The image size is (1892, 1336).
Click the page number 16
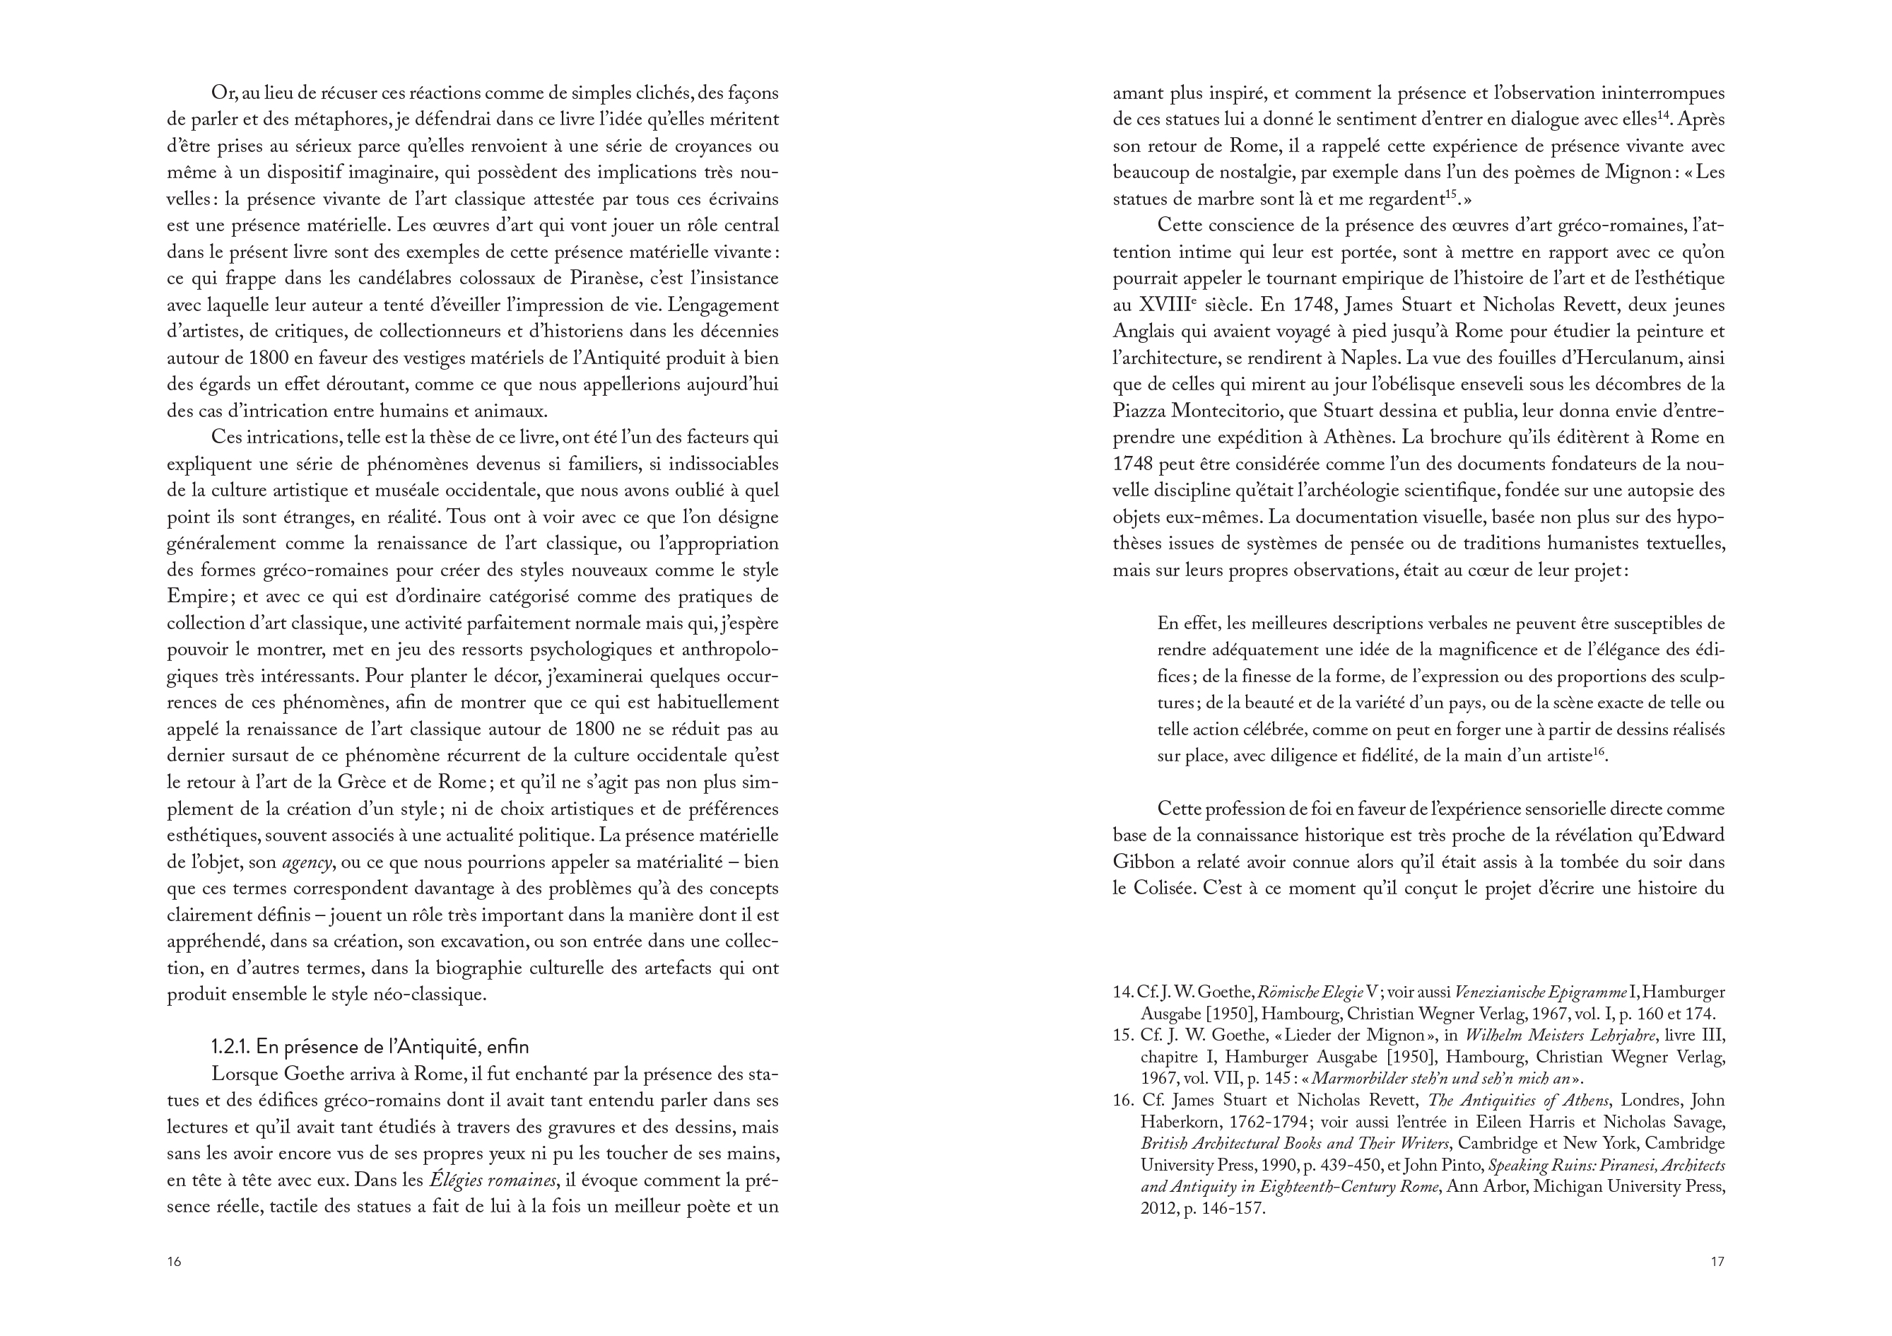pos(174,1262)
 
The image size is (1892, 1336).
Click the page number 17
pos(1717,1262)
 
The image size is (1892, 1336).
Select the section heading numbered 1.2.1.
pos(370,1047)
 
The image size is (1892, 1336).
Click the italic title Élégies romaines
pos(492,1180)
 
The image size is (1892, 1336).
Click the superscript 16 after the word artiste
pos(1599,751)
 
